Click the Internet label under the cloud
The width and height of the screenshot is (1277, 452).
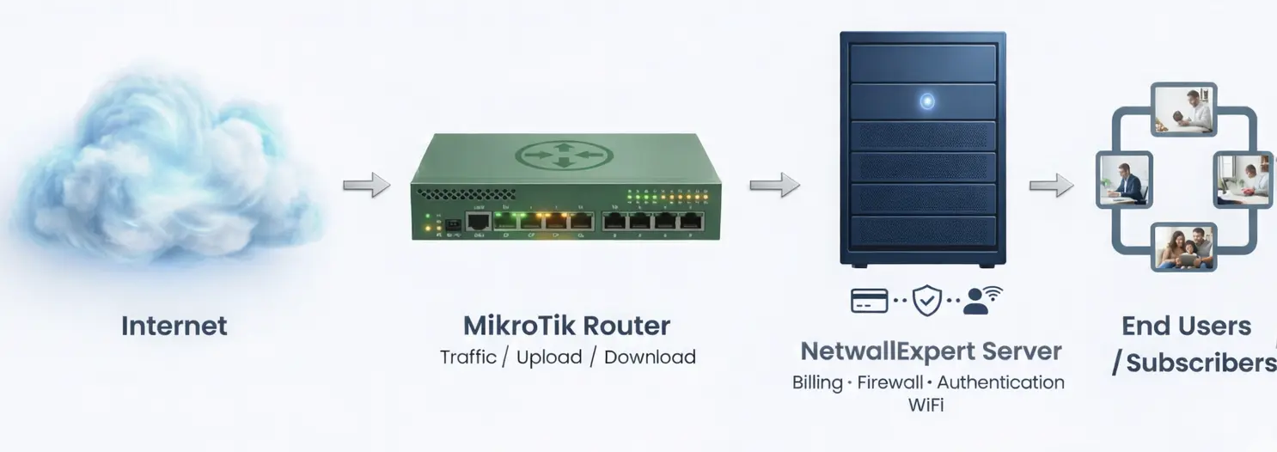174,326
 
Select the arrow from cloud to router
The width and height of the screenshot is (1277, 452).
366,185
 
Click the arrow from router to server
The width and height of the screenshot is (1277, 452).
773,185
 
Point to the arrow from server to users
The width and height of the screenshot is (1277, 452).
1051,185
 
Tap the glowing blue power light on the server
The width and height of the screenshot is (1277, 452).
926,101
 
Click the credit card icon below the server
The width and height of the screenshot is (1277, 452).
869,300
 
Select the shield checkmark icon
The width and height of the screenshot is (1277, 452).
926,300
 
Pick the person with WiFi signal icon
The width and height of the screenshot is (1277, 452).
981,299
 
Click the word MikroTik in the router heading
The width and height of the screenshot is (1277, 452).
519,326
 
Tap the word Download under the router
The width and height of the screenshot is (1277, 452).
650,357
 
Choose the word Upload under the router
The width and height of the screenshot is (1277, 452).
549,357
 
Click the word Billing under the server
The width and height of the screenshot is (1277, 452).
817,382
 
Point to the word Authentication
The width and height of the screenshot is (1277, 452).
1001,382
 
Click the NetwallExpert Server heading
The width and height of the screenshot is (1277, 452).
931,351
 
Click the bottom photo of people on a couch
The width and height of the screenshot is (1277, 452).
1184,248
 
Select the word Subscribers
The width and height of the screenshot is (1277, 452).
1201,363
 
